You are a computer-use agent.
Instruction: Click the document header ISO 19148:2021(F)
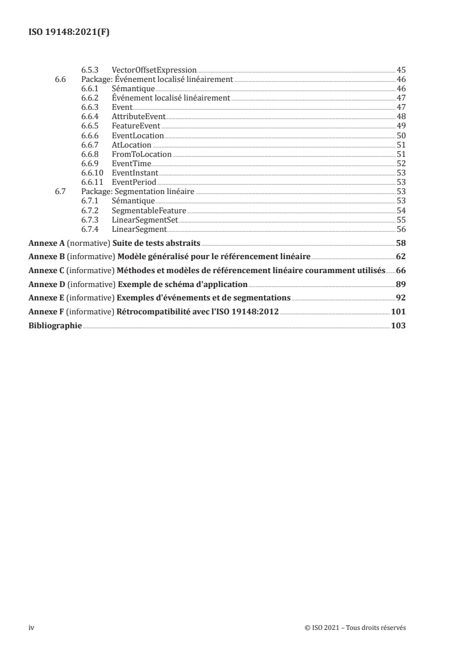point(69,33)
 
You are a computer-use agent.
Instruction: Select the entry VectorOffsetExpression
point(154,70)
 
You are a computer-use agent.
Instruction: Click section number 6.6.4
point(90,116)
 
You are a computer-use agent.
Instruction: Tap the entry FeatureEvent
point(135,126)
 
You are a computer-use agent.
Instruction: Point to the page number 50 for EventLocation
point(401,135)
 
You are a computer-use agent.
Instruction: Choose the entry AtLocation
point(131,145)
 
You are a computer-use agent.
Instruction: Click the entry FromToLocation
point(141,154)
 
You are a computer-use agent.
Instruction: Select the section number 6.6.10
point(91,173)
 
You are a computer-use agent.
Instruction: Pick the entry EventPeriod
point(134,182)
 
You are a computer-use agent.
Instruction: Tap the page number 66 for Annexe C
point(401,270)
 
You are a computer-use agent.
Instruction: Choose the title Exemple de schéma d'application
point(183,284)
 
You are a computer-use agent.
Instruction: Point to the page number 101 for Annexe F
point(398,312)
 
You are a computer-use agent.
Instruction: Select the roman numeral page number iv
point(32,628)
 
